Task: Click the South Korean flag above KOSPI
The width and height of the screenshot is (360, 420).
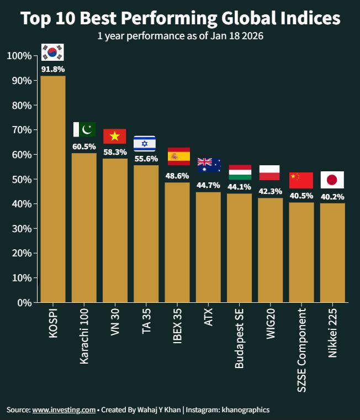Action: (53, 53)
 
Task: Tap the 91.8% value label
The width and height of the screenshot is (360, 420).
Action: (53, 70)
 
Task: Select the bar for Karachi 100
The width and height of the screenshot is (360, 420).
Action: (84, 227)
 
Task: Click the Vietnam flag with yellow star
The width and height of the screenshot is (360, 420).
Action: (115, 136)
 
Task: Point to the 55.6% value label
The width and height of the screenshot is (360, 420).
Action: (146, 159)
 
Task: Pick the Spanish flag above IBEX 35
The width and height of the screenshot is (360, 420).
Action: (178, 156)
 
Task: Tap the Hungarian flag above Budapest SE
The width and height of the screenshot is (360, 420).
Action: (240, 172)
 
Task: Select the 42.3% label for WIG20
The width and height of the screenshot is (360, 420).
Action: (270, 192)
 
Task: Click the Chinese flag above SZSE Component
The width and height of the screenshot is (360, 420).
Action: (301, 180)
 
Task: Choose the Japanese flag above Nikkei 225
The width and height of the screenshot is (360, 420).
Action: (332, 180)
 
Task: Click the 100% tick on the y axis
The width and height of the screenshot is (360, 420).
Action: (20, 56)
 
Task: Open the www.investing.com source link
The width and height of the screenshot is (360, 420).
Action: (64, 410)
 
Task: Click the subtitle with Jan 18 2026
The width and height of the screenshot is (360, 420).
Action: (180, 36)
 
